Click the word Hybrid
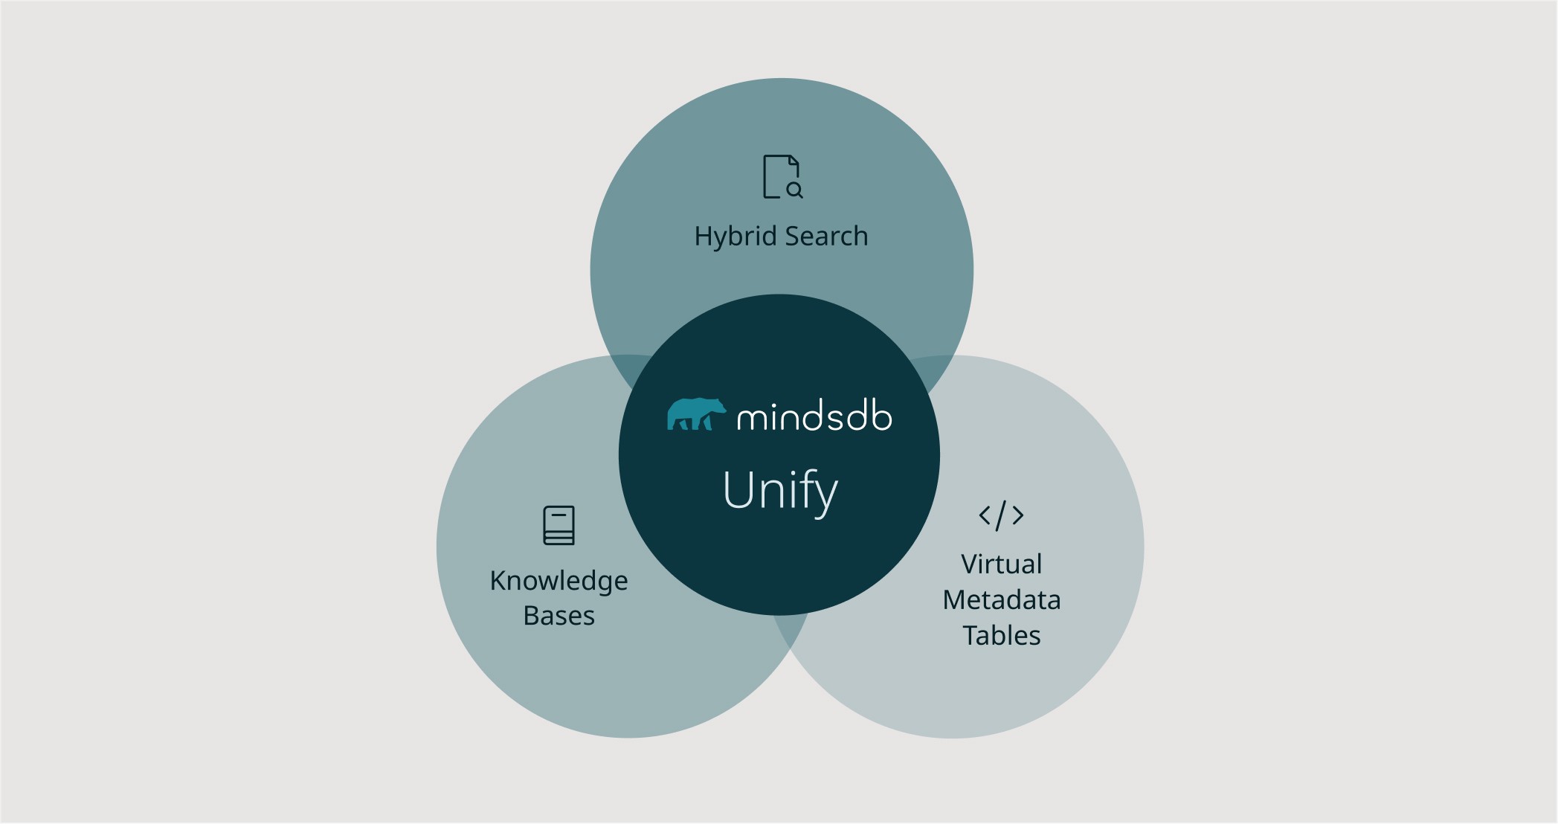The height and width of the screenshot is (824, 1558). pos(736,236)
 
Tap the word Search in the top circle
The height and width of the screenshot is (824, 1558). pos(826,236)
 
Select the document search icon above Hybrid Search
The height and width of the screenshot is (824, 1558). pos(782,177)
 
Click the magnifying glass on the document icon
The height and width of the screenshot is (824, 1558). pos(794,190)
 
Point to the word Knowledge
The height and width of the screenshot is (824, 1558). pos(559,581)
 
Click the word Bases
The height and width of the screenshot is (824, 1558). pos(559,616)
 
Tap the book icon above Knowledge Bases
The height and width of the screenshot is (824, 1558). pos(559,525)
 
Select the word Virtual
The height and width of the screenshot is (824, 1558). pos(1001,564)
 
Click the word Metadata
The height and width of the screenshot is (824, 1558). pos(1001,599)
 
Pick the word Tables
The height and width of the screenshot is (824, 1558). pos(1001,635)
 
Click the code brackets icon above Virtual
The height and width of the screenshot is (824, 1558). pos(1001,515)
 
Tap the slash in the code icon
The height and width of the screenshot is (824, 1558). pos(1001,515)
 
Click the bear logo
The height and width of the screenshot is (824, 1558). pos(695,414)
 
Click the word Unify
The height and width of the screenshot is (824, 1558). pos(780,491)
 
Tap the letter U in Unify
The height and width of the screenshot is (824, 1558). pos(738,489)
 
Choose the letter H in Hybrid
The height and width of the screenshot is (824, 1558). pos(702,236)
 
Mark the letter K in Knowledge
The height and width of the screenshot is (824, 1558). pos(498,581)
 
